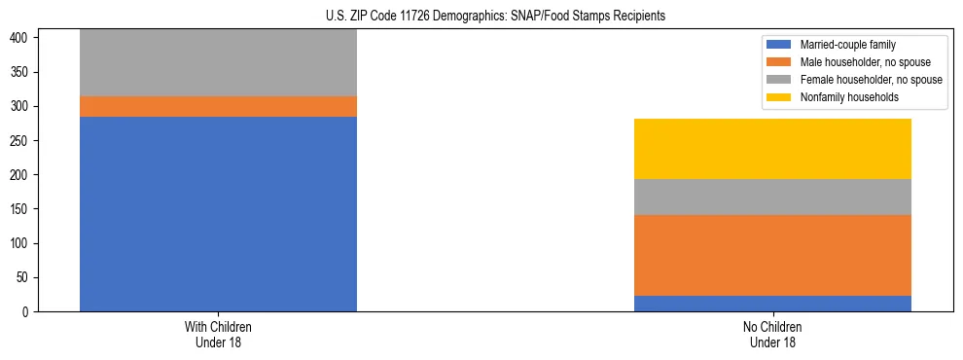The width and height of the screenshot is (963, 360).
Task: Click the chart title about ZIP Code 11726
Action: coord(481,17)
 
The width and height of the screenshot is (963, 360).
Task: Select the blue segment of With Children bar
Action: coord(218,214)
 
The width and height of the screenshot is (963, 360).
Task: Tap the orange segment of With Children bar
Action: coord(218,106)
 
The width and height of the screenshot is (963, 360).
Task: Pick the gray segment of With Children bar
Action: coord(218,63)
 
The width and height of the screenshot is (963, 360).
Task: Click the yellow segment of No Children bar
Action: coord(772,149)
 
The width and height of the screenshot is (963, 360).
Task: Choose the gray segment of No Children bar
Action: coord(772,197)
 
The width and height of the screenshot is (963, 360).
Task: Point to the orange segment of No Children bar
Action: coord(772,255)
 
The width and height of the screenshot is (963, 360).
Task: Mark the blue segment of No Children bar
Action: coord(772,304)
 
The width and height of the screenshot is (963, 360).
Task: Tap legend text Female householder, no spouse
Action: coord(871,80)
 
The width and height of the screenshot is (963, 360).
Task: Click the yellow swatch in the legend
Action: coord(779,97)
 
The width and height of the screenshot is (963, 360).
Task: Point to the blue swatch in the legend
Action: coord(779,45)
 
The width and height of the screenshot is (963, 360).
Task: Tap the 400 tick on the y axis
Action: coord(21,38)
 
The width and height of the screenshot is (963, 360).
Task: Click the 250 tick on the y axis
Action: coord(21,140)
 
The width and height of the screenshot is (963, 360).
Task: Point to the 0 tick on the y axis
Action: coord(27,311)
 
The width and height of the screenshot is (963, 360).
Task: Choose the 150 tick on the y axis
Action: coord(21,209)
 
